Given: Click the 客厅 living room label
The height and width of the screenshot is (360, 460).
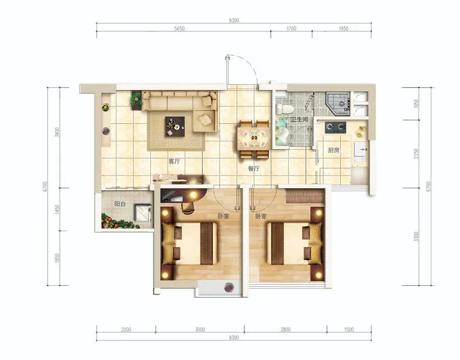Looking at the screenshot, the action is [x=174, y=162].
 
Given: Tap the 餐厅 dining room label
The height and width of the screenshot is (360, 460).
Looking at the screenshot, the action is [x=254, y=169].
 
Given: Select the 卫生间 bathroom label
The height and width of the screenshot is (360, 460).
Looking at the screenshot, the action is [x=299, y=120].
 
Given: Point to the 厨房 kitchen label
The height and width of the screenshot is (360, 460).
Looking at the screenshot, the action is [x=334, y=150].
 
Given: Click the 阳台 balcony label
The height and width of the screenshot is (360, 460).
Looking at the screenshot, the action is [x=120, y=204].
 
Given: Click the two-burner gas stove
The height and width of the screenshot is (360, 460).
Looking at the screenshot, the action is [x=335, y=127].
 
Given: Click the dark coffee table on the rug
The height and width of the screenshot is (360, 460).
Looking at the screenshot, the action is [x=175, y=126].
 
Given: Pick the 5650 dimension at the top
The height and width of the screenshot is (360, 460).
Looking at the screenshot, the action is [x=179, y=29].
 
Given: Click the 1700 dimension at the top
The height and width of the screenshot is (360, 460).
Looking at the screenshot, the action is [x=291, y=29].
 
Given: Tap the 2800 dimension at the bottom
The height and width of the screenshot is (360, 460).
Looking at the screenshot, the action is [x=285, y=329].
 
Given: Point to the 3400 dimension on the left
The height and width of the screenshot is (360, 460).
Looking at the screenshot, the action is [x=57, y=132].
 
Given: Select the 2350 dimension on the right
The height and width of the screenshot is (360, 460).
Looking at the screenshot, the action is [x=416, y=154].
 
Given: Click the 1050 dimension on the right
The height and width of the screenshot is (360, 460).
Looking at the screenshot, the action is [x=416, y=103].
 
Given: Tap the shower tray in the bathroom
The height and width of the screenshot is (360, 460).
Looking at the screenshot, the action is [x=338, y=103].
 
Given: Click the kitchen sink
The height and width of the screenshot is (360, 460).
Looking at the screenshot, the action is [x=360, y=151].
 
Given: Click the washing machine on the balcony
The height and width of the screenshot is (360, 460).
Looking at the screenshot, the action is [x=143, y=213].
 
